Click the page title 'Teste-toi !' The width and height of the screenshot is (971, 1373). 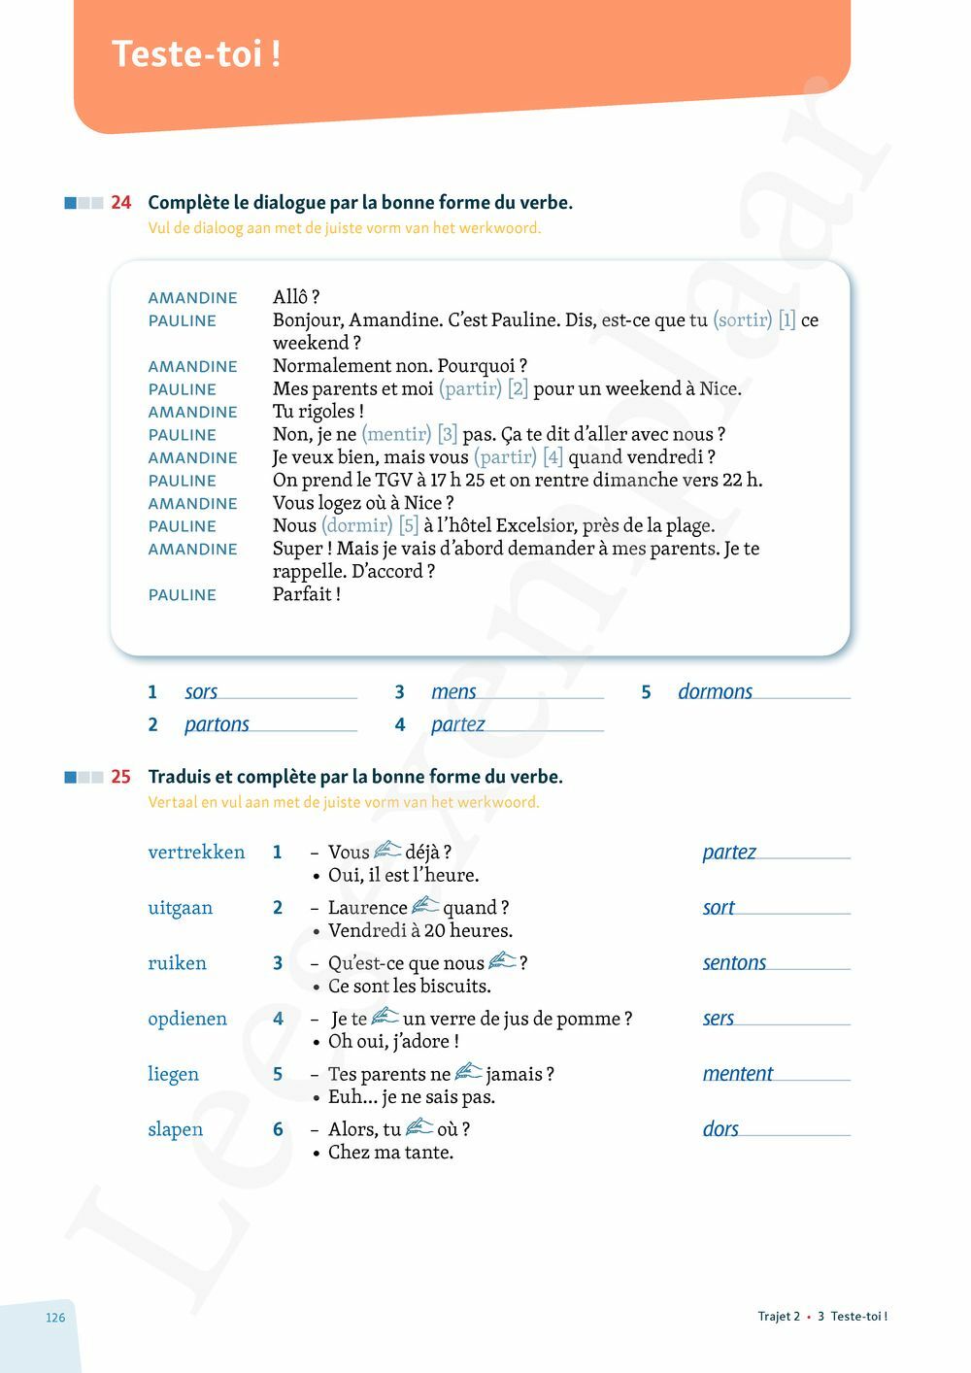coord(196,53)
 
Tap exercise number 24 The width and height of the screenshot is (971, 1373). coord(120,203)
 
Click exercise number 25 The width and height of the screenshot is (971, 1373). coord(120,777)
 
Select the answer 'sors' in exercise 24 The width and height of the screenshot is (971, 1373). coord(201,692)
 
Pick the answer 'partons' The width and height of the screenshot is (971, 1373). coord(217,724)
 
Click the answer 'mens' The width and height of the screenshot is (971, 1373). coord(453,692)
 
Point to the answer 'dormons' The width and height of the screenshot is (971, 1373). coord(715,692)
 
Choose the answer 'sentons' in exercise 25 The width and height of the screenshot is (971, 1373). coord(734,963)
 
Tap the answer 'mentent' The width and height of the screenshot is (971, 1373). coord(738,1074)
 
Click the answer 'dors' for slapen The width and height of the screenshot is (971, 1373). coord(720,1129)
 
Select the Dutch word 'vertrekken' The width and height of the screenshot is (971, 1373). coord(196,853)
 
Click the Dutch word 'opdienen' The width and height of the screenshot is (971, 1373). coord(187,1019)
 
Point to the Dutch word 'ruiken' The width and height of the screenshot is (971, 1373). coord(177,963)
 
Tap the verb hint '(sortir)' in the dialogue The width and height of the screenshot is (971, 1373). coord(743,320)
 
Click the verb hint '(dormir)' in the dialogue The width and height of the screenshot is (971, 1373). coord(357,525)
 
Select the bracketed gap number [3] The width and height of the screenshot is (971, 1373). coord(448,434)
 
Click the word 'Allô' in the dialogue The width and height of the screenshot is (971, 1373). coord(290,297)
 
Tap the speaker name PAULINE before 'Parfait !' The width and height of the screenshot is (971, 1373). coord(183,595)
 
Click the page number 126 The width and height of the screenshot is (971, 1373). coord(55,1318)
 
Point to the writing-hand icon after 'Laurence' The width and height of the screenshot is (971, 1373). coord(425,906)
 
